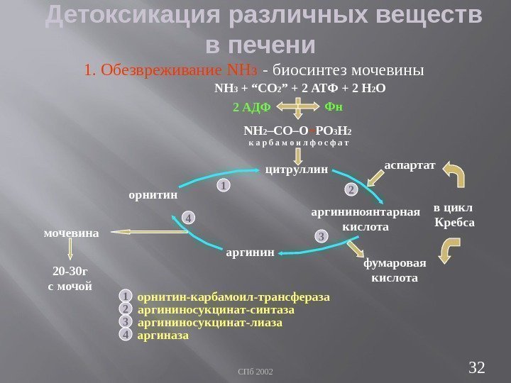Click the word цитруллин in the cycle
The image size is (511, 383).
(296, 170)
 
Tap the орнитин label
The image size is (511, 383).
(152, 192)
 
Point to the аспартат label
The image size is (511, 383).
(410, 164)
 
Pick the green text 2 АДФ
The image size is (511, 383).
(253, 108)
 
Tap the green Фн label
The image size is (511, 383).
(334, 106)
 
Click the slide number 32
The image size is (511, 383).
(477, 367)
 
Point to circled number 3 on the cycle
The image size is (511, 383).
(321, 235)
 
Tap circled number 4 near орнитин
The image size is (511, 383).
(188, 218)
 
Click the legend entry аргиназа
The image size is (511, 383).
(163, 335)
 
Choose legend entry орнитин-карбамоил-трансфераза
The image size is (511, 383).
(233, 296)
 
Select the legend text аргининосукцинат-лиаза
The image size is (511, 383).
(209, 323)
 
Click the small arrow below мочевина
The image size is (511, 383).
(71, 250)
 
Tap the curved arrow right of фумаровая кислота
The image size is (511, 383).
(451, 251)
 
